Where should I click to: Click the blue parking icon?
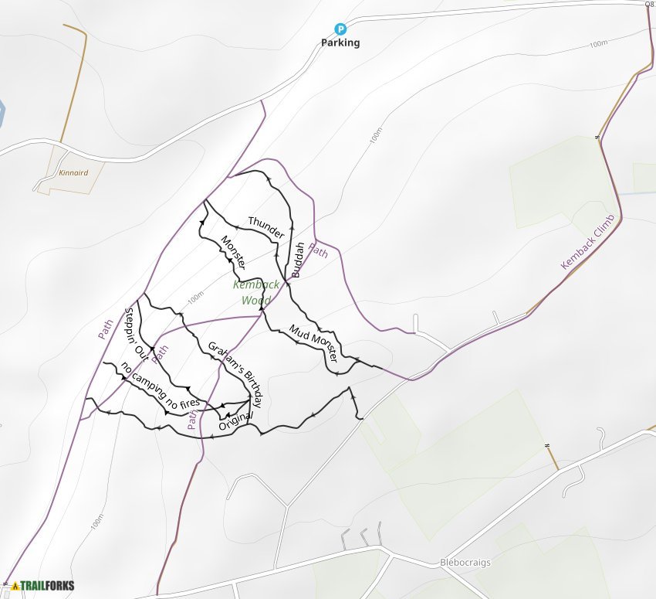pyautogui.click(x=340, y=29)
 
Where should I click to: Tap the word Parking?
pyautogui.click(x=340, y=43)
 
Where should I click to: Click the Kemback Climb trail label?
pyautogui.click(x=590, y=242)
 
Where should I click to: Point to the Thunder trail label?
pyautogui.click(x=266, y=227)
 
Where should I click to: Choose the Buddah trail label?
pyautogui.click(x=298, y=260)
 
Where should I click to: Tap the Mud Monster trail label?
pyautogui.click(x=313, y=343)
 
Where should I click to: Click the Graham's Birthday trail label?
pyautogui.click(x=235, y=373)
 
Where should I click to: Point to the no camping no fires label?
pyautogui.click(x=160, y=384)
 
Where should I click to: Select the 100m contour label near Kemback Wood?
pyautogui.click(x=195, y=296)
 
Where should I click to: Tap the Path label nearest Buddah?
pyautogui.click(x=318, y=250)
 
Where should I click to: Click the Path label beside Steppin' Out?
pyautogui.click(x=160, y=353)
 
